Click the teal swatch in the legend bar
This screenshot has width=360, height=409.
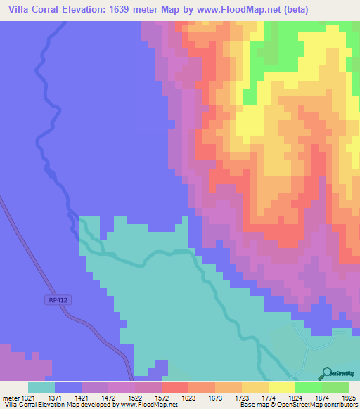click(41, 387)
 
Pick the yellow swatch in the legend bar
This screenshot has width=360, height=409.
click(281, 387)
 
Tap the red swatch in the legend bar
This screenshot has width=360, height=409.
click(174, 387)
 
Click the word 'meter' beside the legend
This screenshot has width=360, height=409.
click(11, 397)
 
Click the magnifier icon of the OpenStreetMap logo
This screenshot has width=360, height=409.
click(327, 372)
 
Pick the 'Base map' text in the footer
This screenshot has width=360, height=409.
click(253, 405)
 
